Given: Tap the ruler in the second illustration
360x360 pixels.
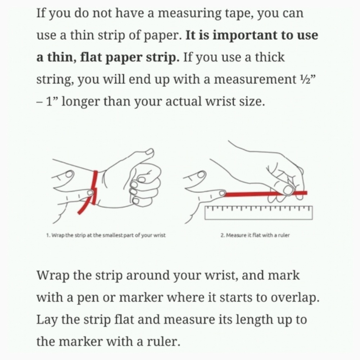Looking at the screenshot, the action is pyautogui.click(x=258, y=213).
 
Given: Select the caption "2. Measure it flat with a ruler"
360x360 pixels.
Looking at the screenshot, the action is pyautogui.click(x=255, y=235).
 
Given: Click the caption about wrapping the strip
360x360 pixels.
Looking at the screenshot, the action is pyautogui.click(x=106, y=235).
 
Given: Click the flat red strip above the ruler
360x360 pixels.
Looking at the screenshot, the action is pyautogui.click(x=266, y=194).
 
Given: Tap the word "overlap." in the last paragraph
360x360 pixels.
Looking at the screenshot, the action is pyautogui.click(x=295, y=298).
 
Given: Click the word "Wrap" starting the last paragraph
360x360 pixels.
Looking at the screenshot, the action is pyautogui.click(x=53, y=275).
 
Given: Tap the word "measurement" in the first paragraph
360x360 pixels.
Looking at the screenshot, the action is pyautogui.click(x=255, y=80).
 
